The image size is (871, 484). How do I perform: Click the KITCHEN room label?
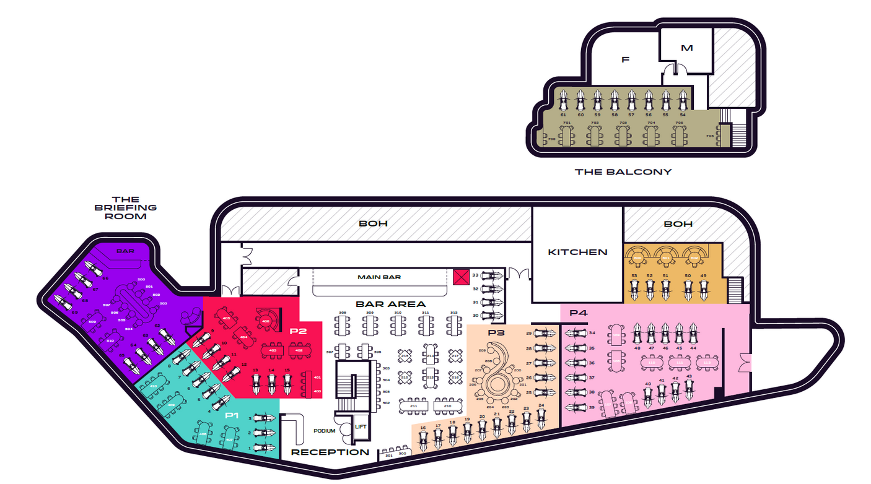point(577,252)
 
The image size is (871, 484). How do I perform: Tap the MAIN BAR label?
point(379,277)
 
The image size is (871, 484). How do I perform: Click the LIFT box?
point(361,426)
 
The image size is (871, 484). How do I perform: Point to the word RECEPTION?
point(330,452)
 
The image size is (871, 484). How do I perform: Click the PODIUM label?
point(325,431)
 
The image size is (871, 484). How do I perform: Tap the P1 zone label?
point(232,415)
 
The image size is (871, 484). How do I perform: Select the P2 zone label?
point(298,331)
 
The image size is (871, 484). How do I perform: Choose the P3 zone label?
point(497,332)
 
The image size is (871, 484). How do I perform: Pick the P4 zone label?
point(578,313)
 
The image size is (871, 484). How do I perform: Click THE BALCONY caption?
point(623,171)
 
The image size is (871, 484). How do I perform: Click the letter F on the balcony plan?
point(625,60)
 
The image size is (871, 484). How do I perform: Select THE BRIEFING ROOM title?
point(126,208)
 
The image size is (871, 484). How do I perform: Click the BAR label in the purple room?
point(126,251)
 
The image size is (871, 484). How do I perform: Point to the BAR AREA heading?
point(390,304)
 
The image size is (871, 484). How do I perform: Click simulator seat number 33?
point(494,275)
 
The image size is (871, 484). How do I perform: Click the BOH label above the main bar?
point(373,223)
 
